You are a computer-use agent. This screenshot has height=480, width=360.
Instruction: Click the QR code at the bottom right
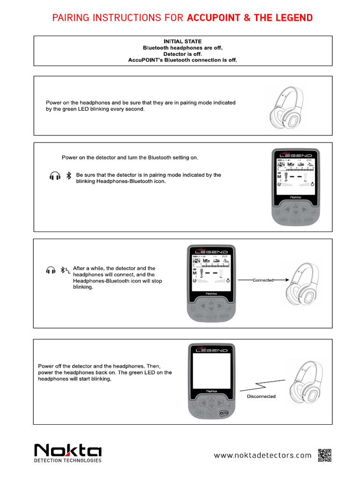[x=324, y=455]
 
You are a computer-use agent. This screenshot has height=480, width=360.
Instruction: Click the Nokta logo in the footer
[x=67, y=451]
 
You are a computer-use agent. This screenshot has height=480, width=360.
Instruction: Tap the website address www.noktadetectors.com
[x=262, y=455]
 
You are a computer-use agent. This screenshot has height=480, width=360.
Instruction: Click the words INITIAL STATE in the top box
[x=182, y=42]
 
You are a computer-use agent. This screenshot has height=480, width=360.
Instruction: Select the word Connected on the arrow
[x=263, y=280]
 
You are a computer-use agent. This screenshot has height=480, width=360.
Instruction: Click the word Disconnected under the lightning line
[x=261, y=396]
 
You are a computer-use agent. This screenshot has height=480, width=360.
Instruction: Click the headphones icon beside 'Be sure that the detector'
[x=55, y=177]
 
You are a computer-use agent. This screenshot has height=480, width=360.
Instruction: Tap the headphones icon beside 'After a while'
[x=51, y=270]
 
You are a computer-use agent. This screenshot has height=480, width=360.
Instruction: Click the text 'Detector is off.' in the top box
[x=182, y=54]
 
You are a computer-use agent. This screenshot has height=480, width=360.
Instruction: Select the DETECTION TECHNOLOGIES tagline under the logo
[x=68, y=461]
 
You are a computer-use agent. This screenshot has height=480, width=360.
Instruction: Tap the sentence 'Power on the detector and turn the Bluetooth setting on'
[x=130, y=157]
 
